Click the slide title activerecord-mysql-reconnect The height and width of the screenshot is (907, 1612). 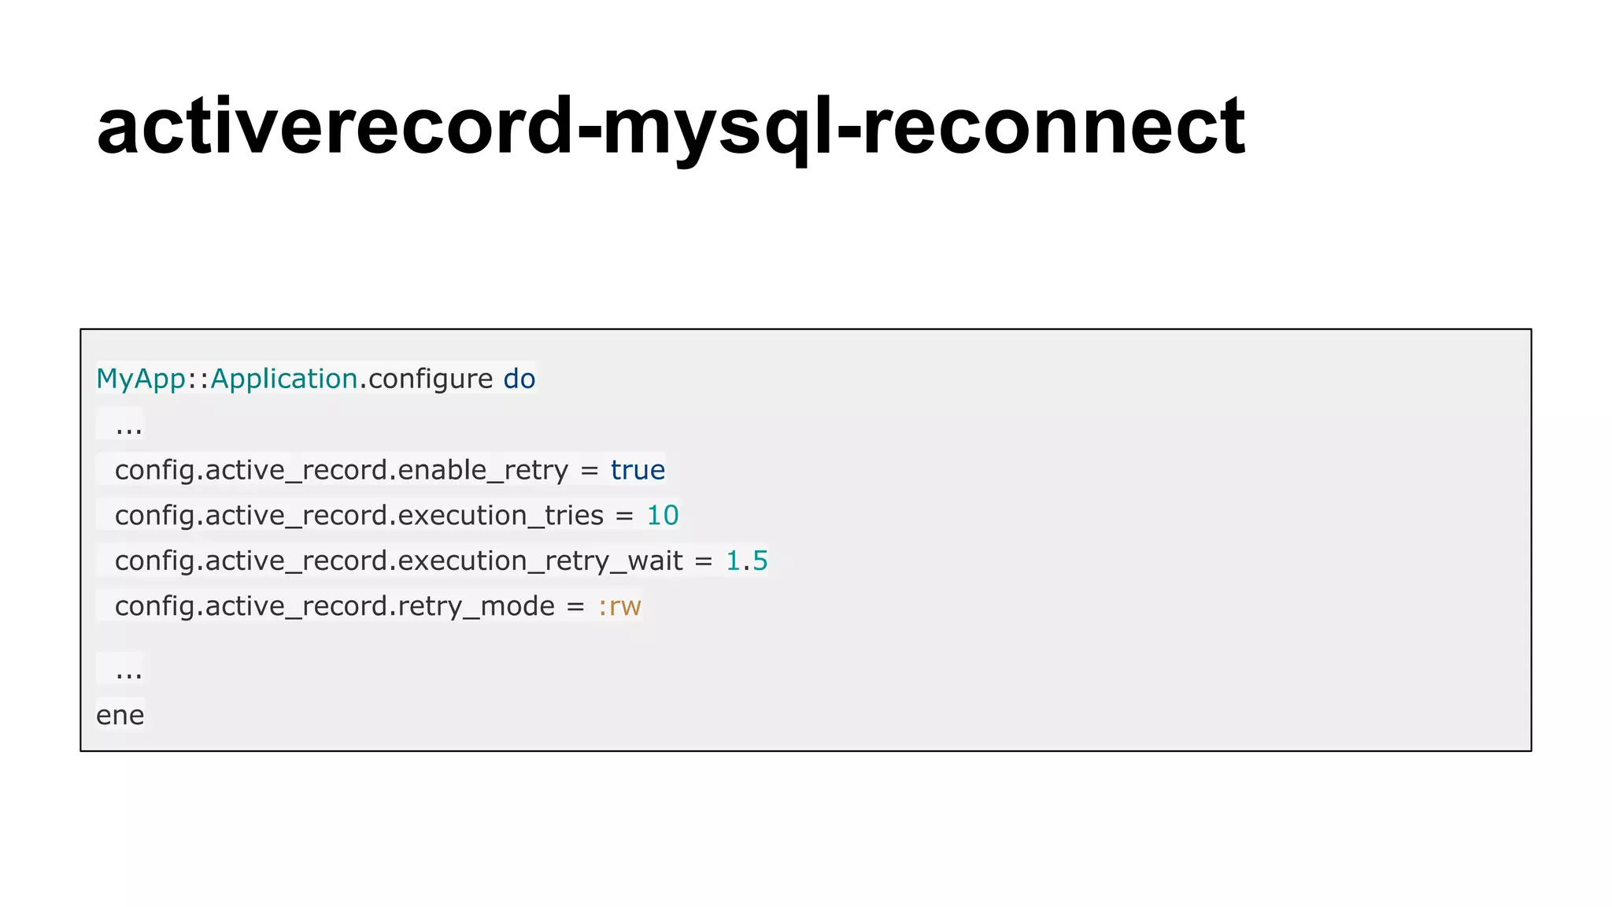(x=671, y=126)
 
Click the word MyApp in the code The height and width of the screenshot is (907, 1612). (x=141, y=379)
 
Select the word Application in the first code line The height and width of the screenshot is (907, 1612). (x=284, y=379)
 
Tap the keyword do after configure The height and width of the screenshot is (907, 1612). (x=519, y=379)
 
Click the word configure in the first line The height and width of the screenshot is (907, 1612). (x=431, y=379)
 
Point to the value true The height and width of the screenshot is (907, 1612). (x=638, y=470)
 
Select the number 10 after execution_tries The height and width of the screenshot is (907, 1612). (x=662, y=516)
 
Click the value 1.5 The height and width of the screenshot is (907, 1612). (x=746, y=561)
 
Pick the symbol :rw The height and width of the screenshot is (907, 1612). (x=619, y=606)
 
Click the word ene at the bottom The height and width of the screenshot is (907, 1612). (x=120, y=716)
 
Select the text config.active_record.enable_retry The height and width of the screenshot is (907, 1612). (x=341, y=470)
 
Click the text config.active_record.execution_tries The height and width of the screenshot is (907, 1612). (x=359, y=516)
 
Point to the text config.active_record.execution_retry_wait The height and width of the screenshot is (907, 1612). (x=398, y=561)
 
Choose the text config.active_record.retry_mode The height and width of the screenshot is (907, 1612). (x=335, y=606)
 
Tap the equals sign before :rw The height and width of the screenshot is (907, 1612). (x=576, y=607)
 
